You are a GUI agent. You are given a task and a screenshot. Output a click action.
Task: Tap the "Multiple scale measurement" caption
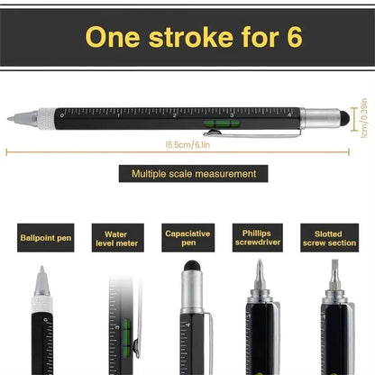pyautogui.click(x=194, y=174)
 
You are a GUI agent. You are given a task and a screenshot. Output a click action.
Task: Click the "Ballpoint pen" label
pyautogui.click(x=45, y=239)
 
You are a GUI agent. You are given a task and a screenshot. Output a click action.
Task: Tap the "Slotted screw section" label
pyautogui.click(x=328, y=238)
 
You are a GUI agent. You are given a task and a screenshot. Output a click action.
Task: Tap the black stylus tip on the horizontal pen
pyautogui.click(x=345, y=115)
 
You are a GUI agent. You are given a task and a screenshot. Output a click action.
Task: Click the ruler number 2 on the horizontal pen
pyautogui.click(x=174, y=115)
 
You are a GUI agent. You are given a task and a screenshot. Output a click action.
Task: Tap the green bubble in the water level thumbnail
pyautogui.click(x=126, y=329)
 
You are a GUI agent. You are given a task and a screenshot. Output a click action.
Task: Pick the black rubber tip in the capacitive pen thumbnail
pyautogui.click(x=190, y=267)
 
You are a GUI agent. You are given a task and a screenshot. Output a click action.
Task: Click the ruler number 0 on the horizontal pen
pyautogui.click(x=61, y=115)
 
